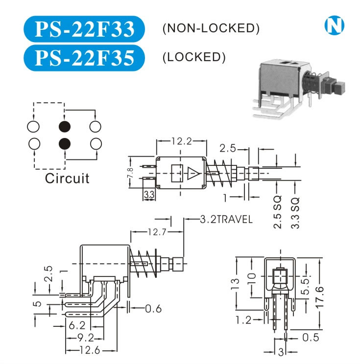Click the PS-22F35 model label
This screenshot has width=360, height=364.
tap(85, 58)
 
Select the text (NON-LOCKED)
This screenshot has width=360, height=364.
tap(210, 28)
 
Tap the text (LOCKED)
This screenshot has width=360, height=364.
tap(193, 57)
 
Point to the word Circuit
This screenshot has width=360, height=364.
tap(67, 178)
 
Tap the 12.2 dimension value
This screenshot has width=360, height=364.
tap(181, 141)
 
